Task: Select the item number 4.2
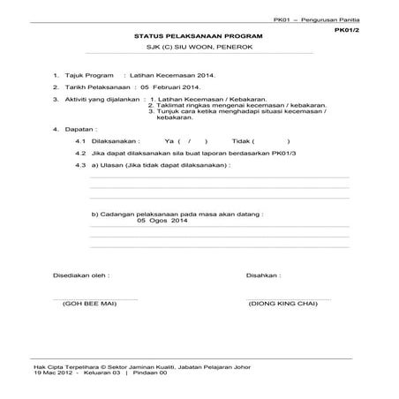[80, 153]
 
